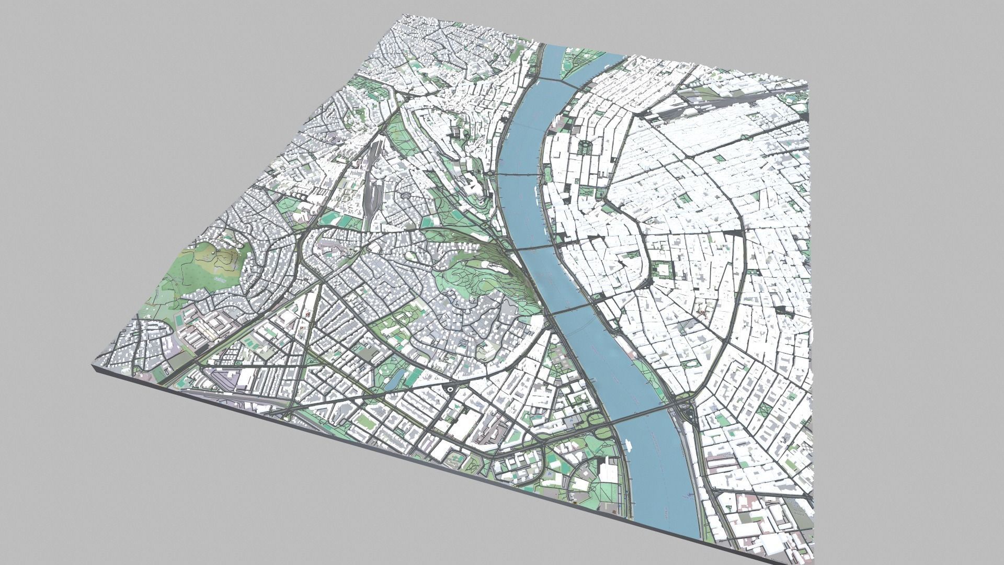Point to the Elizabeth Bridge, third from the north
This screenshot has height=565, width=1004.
tap(539, 246)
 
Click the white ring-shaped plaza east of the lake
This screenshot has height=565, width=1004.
tap(450, 390)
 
